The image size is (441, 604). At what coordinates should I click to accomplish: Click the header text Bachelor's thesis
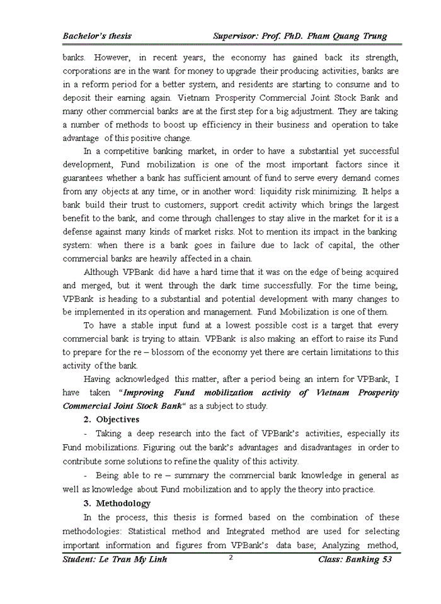pos(97,36)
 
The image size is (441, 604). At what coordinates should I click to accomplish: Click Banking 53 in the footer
pos(369,560)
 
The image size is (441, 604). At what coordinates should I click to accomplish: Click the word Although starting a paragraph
pos(103,272)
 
